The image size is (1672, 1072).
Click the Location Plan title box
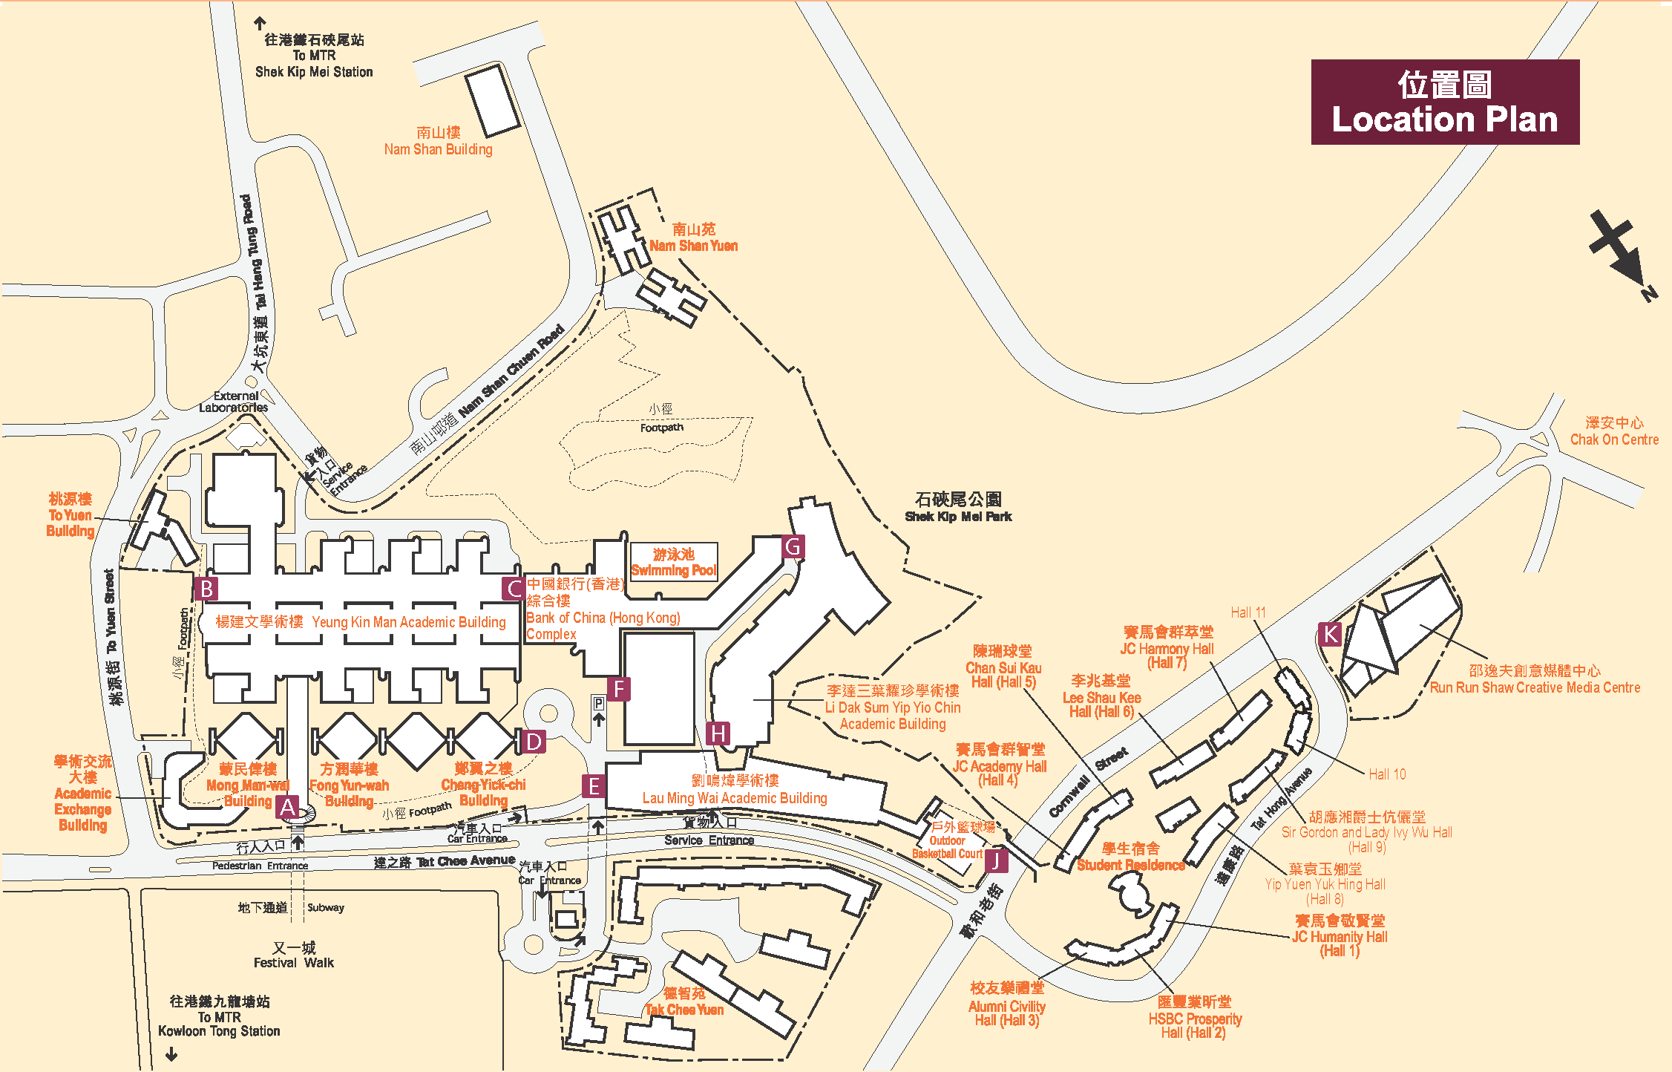click(x=1444, y=102)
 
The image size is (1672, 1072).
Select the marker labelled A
click(x=288, y=807)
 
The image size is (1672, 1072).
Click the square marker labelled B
click(x=206, y=589)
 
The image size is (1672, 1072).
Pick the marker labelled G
click(x=793, y=547)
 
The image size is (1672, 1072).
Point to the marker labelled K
click(x=1330, y=634)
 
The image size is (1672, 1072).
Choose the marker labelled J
click(x=996, y=860)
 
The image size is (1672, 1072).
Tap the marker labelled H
click(x=718, y=733)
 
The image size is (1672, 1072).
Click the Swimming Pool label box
click(x=674, y=562)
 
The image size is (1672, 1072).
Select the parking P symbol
click(x=598, y=703)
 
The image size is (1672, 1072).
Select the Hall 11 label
click(x=1248, y=612)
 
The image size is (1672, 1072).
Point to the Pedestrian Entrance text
click(x=260, y=866)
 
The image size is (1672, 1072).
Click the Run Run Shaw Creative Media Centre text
click(x=1534, y=687)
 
